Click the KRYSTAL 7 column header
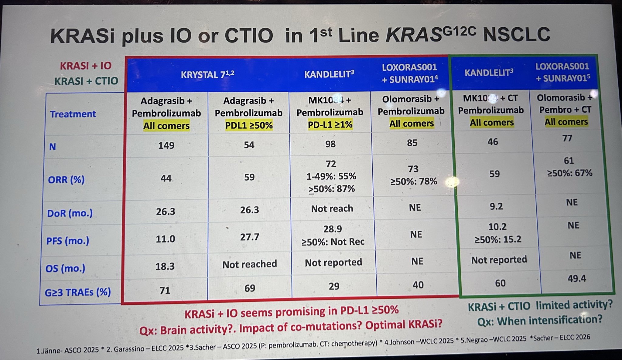click(x=207, y=74)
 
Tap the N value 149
click(x=166, y=145)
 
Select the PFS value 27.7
click(x=249, y=237)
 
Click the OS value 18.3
click(x=165, y=266)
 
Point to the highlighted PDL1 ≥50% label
click(x=249, y=125)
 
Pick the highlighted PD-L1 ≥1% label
click(x=330, y=125)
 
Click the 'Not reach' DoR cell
click(x=332, y=209)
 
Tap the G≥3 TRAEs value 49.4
click(x=576, y=278)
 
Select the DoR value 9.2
click(x=496, y=206)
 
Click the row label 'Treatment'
click(x=73, y=114)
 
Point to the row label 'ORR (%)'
click(x=66, y=180)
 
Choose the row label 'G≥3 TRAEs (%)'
click(x=78, y=292)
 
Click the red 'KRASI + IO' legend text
click(x=86, y=66)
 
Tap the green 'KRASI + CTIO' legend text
click(x=86, y=81)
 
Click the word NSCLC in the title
click(x=516, y=34)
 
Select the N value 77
click(x=567, y=138)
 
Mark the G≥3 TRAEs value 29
click(x=334, y=286)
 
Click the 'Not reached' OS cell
click(x=249, y=264)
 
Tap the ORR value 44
click(x=166, y=178)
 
